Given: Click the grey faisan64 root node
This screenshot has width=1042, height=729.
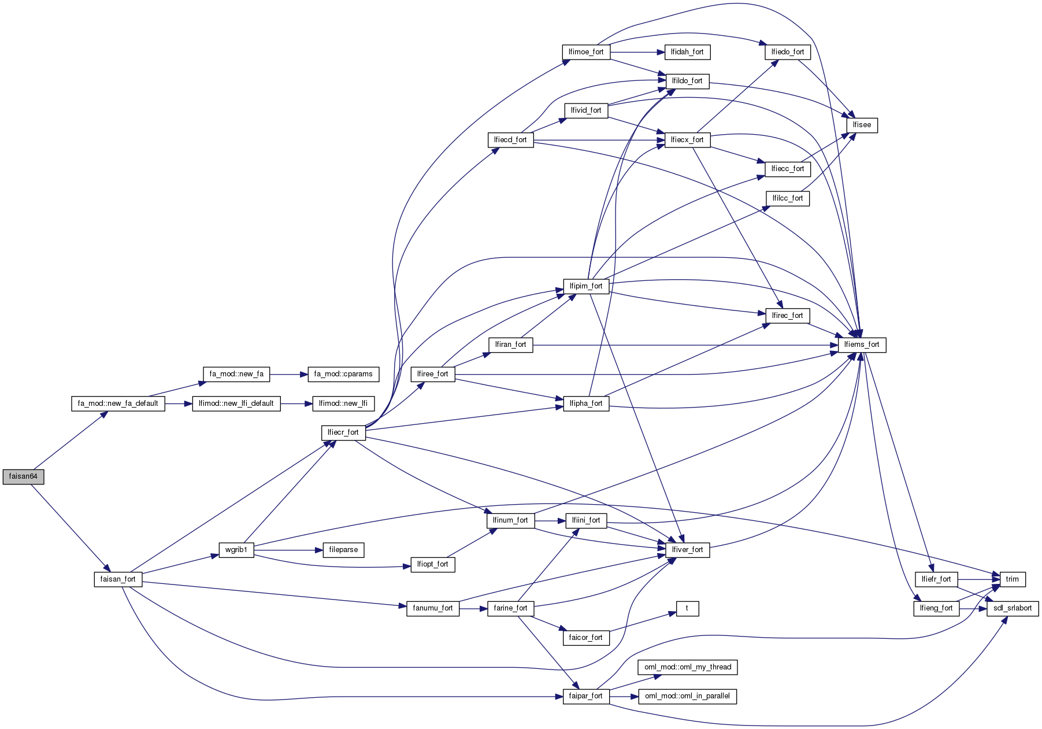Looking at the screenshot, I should (23, 477).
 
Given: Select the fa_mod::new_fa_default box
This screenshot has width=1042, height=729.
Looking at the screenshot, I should (118, 404).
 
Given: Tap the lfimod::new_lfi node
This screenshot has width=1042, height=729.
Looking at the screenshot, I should (343, 404).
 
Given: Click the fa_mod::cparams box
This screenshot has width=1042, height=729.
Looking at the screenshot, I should (343, 374).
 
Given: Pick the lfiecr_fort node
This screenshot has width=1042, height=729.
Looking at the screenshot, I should (343, 432).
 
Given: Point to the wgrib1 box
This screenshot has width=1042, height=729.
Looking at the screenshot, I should (236, 550).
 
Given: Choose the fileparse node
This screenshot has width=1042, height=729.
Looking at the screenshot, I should (343, 550).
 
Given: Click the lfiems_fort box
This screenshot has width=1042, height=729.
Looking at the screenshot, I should (862, 345).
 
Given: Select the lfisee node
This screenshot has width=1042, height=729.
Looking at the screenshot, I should (862, 125).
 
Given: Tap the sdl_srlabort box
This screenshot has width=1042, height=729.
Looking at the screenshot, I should (1013, 608).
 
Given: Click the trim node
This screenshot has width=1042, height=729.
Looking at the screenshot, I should (1013, 579).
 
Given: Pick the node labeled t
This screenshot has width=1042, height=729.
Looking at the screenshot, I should (687, 608).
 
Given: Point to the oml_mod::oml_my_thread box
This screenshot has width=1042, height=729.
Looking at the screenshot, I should (688, 667).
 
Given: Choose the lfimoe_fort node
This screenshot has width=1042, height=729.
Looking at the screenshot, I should (586, 52).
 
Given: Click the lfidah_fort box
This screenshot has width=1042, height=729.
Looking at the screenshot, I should (687, 52).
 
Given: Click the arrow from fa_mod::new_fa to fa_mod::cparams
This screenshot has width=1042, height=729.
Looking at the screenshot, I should (288, 374).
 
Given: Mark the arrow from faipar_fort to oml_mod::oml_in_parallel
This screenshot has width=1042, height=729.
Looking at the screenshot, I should (624, 697).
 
